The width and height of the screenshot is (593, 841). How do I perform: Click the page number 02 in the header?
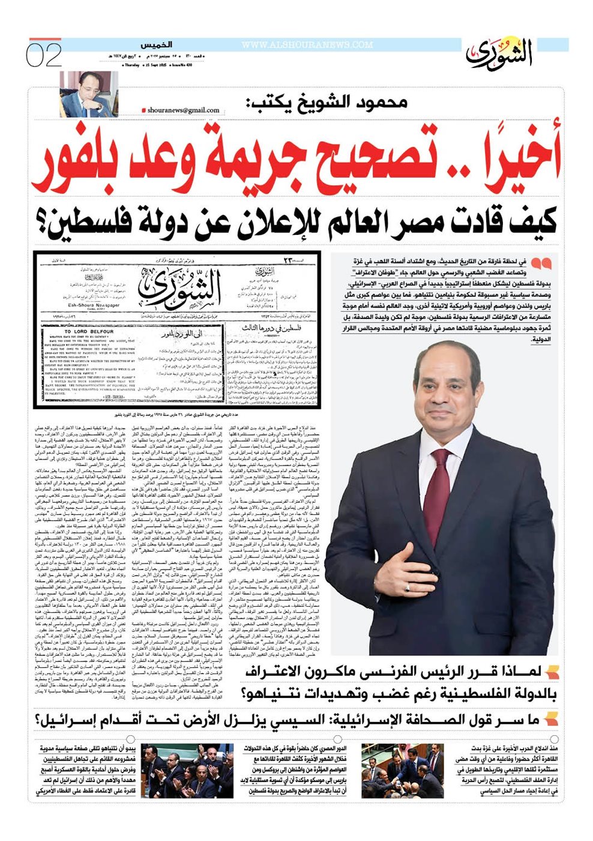click(44, 56)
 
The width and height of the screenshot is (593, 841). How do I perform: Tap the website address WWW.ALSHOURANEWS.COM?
click(307, 45)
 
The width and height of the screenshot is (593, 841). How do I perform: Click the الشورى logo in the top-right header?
click(499, 53)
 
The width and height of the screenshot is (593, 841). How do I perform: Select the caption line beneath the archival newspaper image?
click(176, 414)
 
